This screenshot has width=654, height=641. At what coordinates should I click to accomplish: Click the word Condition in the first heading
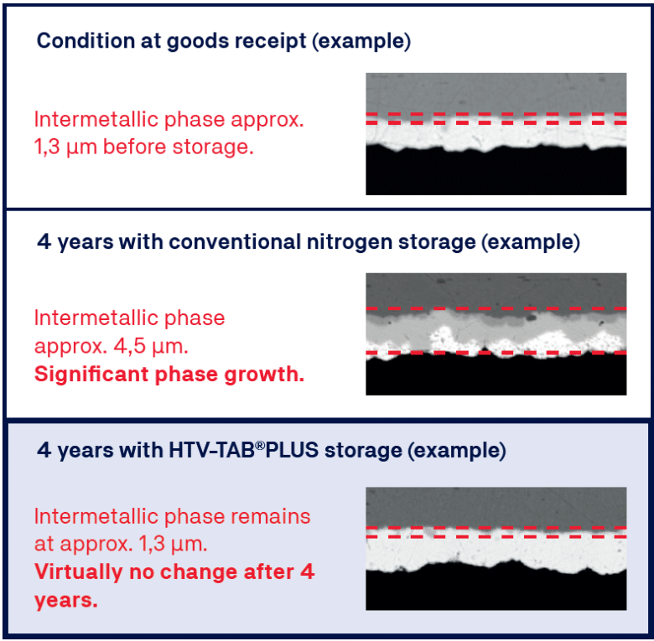click(86, 41)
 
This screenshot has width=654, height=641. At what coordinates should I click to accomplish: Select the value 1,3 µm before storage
click(144, 147)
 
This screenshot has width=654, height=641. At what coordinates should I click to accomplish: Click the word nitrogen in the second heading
click(349, 242)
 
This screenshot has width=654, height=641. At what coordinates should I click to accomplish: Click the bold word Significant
click(90, 375)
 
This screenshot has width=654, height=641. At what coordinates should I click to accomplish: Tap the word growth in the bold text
click(264, 375)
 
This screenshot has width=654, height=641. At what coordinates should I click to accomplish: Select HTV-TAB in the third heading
click(211, 450)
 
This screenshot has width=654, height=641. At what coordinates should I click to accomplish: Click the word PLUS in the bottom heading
click(292, 450)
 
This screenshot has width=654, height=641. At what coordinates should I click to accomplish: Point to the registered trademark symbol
click(260, 445)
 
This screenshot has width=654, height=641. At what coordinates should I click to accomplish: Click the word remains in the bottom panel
click(271, 517)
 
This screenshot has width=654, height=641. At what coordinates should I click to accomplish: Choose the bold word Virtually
click(79, 571)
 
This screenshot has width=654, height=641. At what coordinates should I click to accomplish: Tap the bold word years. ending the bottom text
click(66, 601)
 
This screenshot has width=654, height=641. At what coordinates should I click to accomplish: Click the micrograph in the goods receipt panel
click(496, 134)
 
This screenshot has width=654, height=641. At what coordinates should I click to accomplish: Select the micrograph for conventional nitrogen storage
click(496, 334)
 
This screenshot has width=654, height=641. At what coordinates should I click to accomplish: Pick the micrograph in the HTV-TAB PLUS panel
click(496, 549)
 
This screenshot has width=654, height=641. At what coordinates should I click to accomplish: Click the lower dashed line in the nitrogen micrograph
click(496, 353)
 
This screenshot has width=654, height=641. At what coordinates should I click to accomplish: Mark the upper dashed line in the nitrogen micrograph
click(496, 308)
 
